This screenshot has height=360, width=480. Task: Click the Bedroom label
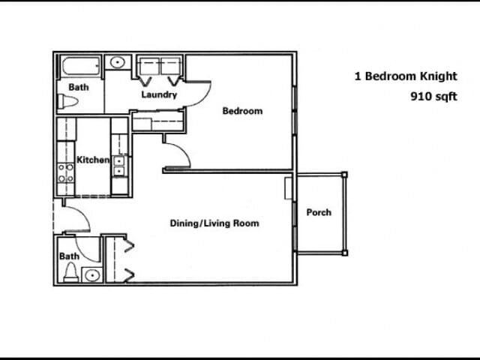242,111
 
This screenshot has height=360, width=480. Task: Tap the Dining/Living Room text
214,223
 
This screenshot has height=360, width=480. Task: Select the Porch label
319,212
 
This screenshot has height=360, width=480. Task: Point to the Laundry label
159,94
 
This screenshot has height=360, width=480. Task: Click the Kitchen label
93,160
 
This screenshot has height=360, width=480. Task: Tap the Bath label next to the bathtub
79,87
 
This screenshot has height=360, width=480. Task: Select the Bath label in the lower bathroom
69,256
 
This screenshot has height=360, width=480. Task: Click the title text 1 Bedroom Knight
394,76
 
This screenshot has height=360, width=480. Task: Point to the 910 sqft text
433,96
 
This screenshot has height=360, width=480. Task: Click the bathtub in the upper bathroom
80,66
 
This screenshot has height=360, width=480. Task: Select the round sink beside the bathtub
118,63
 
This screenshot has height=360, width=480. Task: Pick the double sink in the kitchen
118,166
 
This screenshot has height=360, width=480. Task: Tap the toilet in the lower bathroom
70,272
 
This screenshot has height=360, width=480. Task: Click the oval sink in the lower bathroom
91,275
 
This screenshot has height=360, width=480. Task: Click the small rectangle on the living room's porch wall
289,188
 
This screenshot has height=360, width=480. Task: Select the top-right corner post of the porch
344,175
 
